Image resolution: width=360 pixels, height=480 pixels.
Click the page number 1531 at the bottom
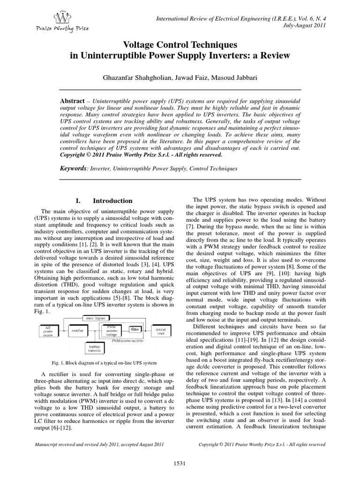pos(180,464)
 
